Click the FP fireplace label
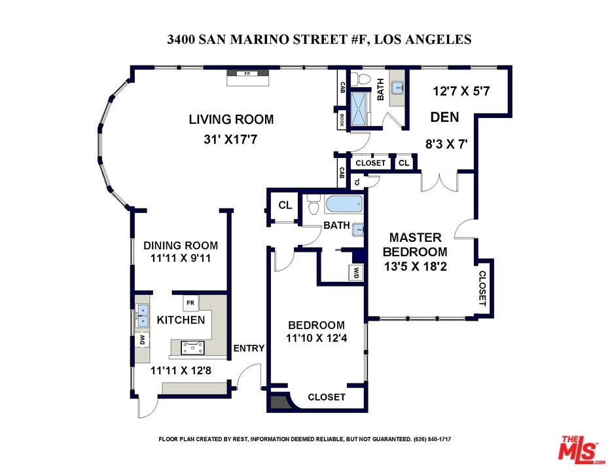(247, 73)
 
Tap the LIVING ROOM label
(232, 119)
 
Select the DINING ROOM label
(181, 246)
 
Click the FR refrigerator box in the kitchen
(190, 303)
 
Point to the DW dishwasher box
(143, 340)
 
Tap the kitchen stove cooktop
(193, 347)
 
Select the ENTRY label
(249, 348)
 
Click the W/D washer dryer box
(356, 273)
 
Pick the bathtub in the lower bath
(344, 205)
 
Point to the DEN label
(444, 117)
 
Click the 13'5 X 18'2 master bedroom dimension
(415, 267)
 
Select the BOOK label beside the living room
(342, 120)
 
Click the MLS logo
(581, 450)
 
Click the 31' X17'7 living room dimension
(230, 139)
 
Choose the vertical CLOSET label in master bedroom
(482, 288)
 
